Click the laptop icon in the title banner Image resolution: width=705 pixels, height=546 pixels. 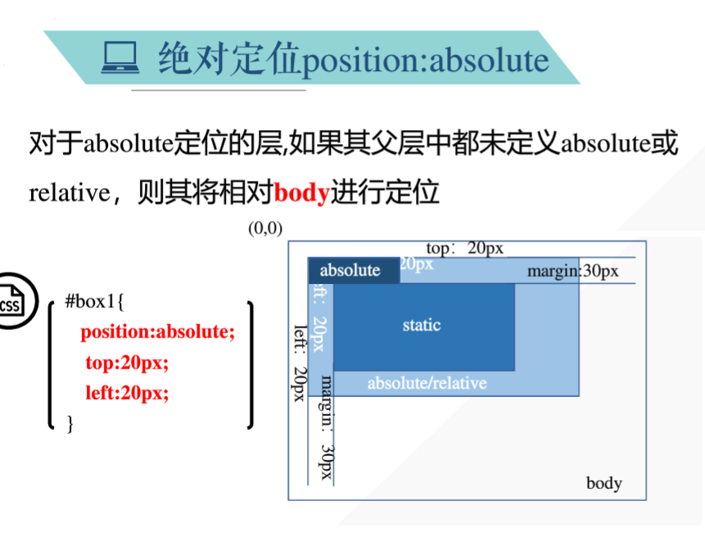pos(120,58)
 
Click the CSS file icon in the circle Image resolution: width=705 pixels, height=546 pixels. pos(11,303)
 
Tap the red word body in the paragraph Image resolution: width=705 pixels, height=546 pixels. pos(301,193)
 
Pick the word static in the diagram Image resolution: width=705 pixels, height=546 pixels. pos(422,325)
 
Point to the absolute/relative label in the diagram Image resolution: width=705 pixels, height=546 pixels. pos(427,383)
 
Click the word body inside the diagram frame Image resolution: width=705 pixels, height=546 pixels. pos(603,483)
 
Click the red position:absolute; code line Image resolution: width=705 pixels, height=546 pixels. pos(157,332)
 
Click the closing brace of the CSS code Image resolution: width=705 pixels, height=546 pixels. pos(70,422)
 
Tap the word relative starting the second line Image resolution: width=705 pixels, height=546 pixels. pos(69,194)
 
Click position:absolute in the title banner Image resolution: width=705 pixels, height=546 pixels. pos(425,60)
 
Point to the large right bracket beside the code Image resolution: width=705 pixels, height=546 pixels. pos(249,364)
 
